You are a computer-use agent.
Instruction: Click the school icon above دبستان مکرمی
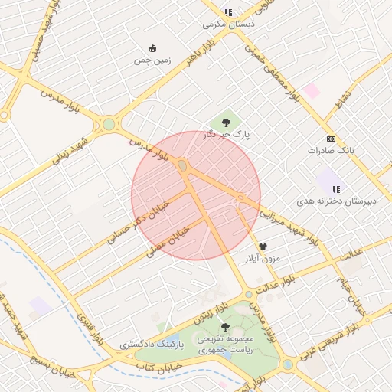228,12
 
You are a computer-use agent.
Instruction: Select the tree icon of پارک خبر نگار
225,122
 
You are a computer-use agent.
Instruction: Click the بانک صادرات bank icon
331,139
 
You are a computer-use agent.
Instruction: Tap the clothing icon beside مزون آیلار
263,247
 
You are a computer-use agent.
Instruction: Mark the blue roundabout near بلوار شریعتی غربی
287,365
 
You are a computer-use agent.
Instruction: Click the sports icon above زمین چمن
152,47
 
